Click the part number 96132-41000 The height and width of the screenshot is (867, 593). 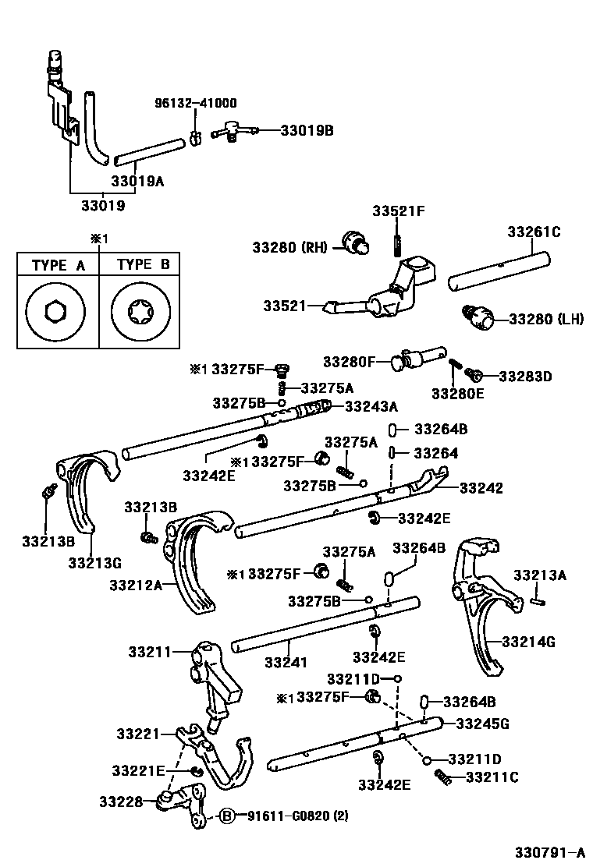[x=196, y=102]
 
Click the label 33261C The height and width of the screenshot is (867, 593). [x=534, y=232]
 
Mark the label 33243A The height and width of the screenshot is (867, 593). [x=371, y=405]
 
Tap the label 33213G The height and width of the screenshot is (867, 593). [x=94, y=561]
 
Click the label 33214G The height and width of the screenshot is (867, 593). [x=528, y=642]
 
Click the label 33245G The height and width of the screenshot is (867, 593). [x=482, y=724]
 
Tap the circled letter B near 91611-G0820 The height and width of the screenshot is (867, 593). [x=225, y=816]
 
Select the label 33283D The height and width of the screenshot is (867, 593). [x=525, y=376]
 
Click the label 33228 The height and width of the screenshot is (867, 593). [x=121, y=801]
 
